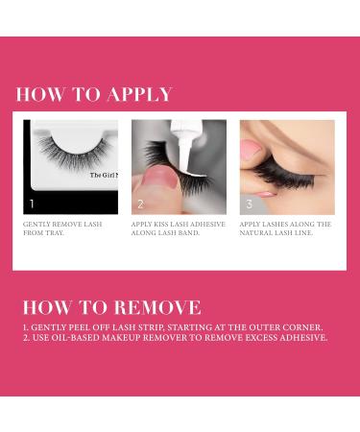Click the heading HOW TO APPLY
click(x=94, y=94)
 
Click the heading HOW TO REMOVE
click(x=111, y=307)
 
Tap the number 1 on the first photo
click(x=32, y=204)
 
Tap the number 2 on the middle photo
click(x=140, y=204)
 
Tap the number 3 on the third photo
click(x=249, y=204)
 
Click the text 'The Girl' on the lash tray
click(x=103, y=175)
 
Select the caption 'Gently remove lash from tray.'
click(x=63, y=228)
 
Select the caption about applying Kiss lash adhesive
click(x=177, y=228)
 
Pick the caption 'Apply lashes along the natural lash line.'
click(x=286, y=228)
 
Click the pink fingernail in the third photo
click(x=252, y=149)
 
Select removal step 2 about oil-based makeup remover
click(x=175, y=338)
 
